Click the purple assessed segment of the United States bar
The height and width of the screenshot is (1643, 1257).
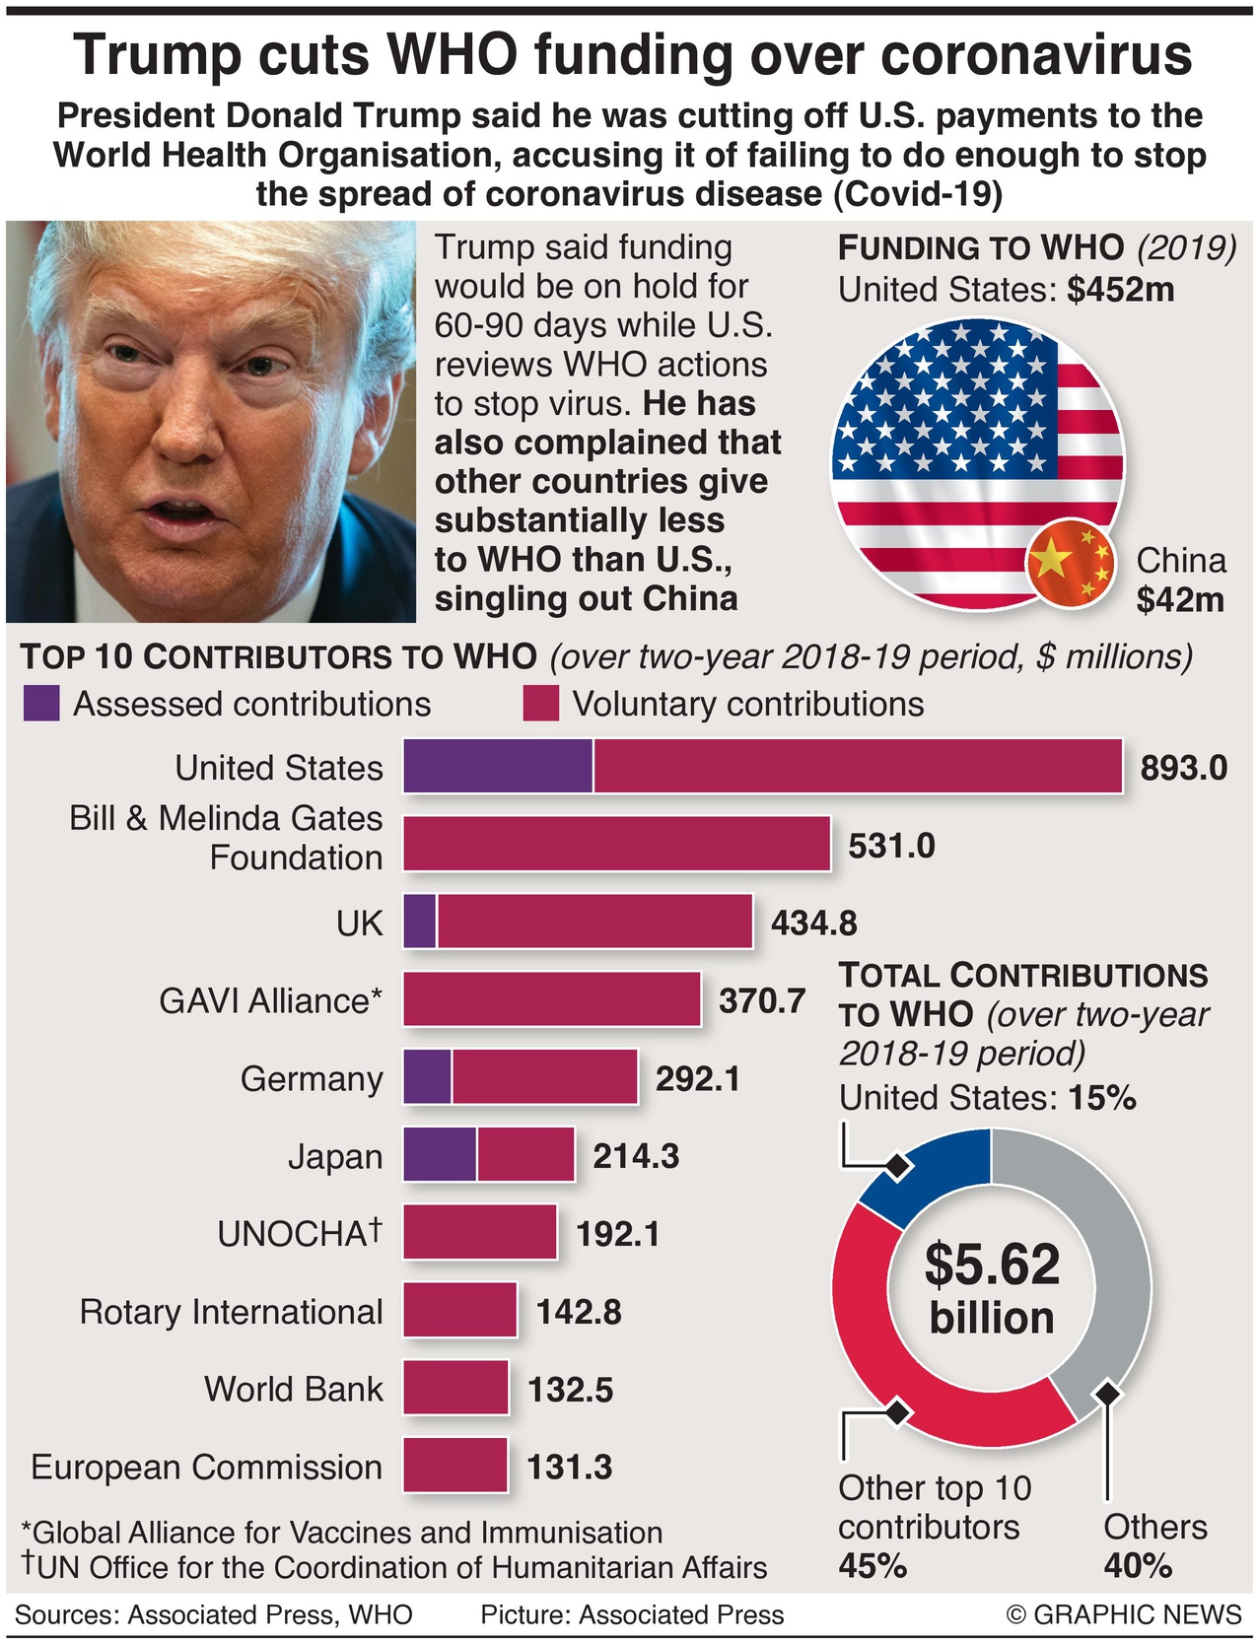tap(498, 766)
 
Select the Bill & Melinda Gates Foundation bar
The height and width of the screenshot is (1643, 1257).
tap(616, 844)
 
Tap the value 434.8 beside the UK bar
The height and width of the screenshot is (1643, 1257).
tap(813, 923)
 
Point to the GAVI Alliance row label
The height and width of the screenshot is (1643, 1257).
tap(270, 1000)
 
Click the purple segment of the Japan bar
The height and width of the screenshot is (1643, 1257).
tap(440, 1155)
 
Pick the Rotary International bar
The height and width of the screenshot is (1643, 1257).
tap(459, 1310)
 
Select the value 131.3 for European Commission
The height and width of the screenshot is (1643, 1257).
tap(569, 1467)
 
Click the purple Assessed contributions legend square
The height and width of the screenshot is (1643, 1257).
tap(41, 704)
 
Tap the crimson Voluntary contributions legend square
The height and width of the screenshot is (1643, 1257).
tap(540, 704)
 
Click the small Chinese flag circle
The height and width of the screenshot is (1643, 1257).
tap(1071, 564)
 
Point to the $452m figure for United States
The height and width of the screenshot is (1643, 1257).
tap(1120, 290)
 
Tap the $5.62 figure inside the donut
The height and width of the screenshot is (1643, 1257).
tap(992, 1265)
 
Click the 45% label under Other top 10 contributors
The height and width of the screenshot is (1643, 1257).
tap(873, 1565)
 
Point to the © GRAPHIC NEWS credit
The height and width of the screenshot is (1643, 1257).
tap(1124, 1614)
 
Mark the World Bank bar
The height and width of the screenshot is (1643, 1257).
tap(455, 1388)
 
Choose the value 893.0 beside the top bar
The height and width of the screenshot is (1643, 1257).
tap(1183, 767)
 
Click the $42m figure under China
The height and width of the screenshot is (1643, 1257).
tap(1179, 599)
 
